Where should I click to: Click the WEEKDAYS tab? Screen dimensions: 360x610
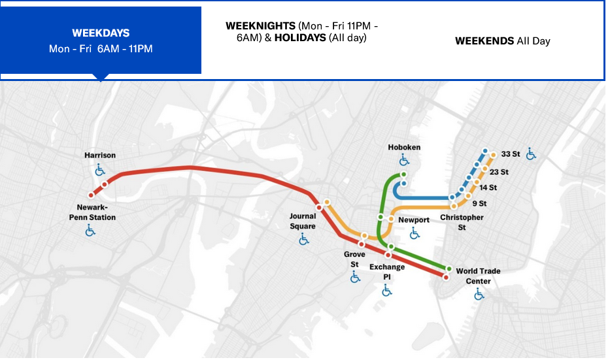(x=101, y=41)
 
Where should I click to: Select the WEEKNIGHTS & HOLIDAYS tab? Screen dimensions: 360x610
(x=302, y=32)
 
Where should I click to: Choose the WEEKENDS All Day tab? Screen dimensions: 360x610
(x=502, y=41)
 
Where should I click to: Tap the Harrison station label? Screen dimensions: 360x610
(x=100, y=155)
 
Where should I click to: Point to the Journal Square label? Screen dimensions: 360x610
(x=303, y=221)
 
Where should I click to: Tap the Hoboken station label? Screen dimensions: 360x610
(x=404, y=148)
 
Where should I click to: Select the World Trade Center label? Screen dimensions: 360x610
(x=479, y=276)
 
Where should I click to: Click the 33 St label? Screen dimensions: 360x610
(x=510, y=154)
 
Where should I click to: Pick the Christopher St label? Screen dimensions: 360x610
(x=462, y=222)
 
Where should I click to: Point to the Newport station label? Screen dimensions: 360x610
(x=414, y=220)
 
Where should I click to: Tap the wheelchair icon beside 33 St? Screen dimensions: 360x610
(x=531, y=154)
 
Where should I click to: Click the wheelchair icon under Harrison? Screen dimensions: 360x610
(x=100, y=170)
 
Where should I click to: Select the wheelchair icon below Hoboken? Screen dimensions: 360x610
(x=404, y=160)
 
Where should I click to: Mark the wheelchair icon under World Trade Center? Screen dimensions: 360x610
(x=479, y=295)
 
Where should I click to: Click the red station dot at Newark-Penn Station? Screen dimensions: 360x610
(x=92, y=194)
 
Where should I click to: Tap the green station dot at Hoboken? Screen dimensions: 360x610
(x=404, y=175)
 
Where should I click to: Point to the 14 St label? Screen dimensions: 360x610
(x=488, y=188)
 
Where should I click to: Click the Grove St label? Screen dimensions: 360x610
(x=354, y=259)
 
